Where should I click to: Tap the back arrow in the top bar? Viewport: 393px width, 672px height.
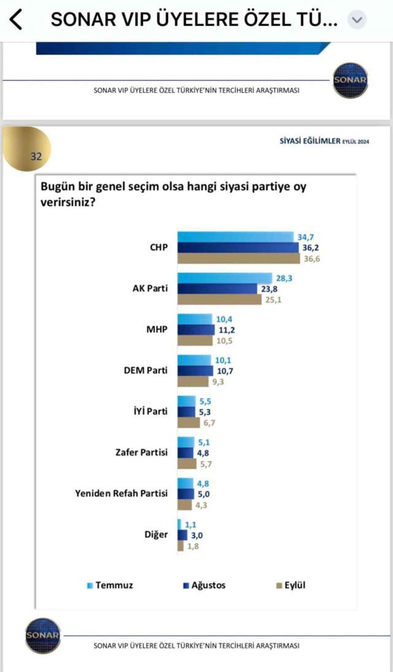(x=16, y=20)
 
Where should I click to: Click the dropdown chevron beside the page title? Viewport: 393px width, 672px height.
(x=356, y=20)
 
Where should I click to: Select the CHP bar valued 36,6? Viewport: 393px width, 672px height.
(x=239, y=258)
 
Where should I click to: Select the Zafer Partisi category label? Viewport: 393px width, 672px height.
(x=141, y=453)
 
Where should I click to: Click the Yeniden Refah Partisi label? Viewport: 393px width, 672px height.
(x=121, y=493)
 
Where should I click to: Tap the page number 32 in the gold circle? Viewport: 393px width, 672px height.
(x=36, y=156)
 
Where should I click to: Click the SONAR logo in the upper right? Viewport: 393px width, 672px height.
(x=351, y=80)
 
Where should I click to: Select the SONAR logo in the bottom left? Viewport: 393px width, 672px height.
(x=43, y=634)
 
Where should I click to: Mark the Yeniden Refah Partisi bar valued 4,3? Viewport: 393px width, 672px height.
(x=183, y=504)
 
